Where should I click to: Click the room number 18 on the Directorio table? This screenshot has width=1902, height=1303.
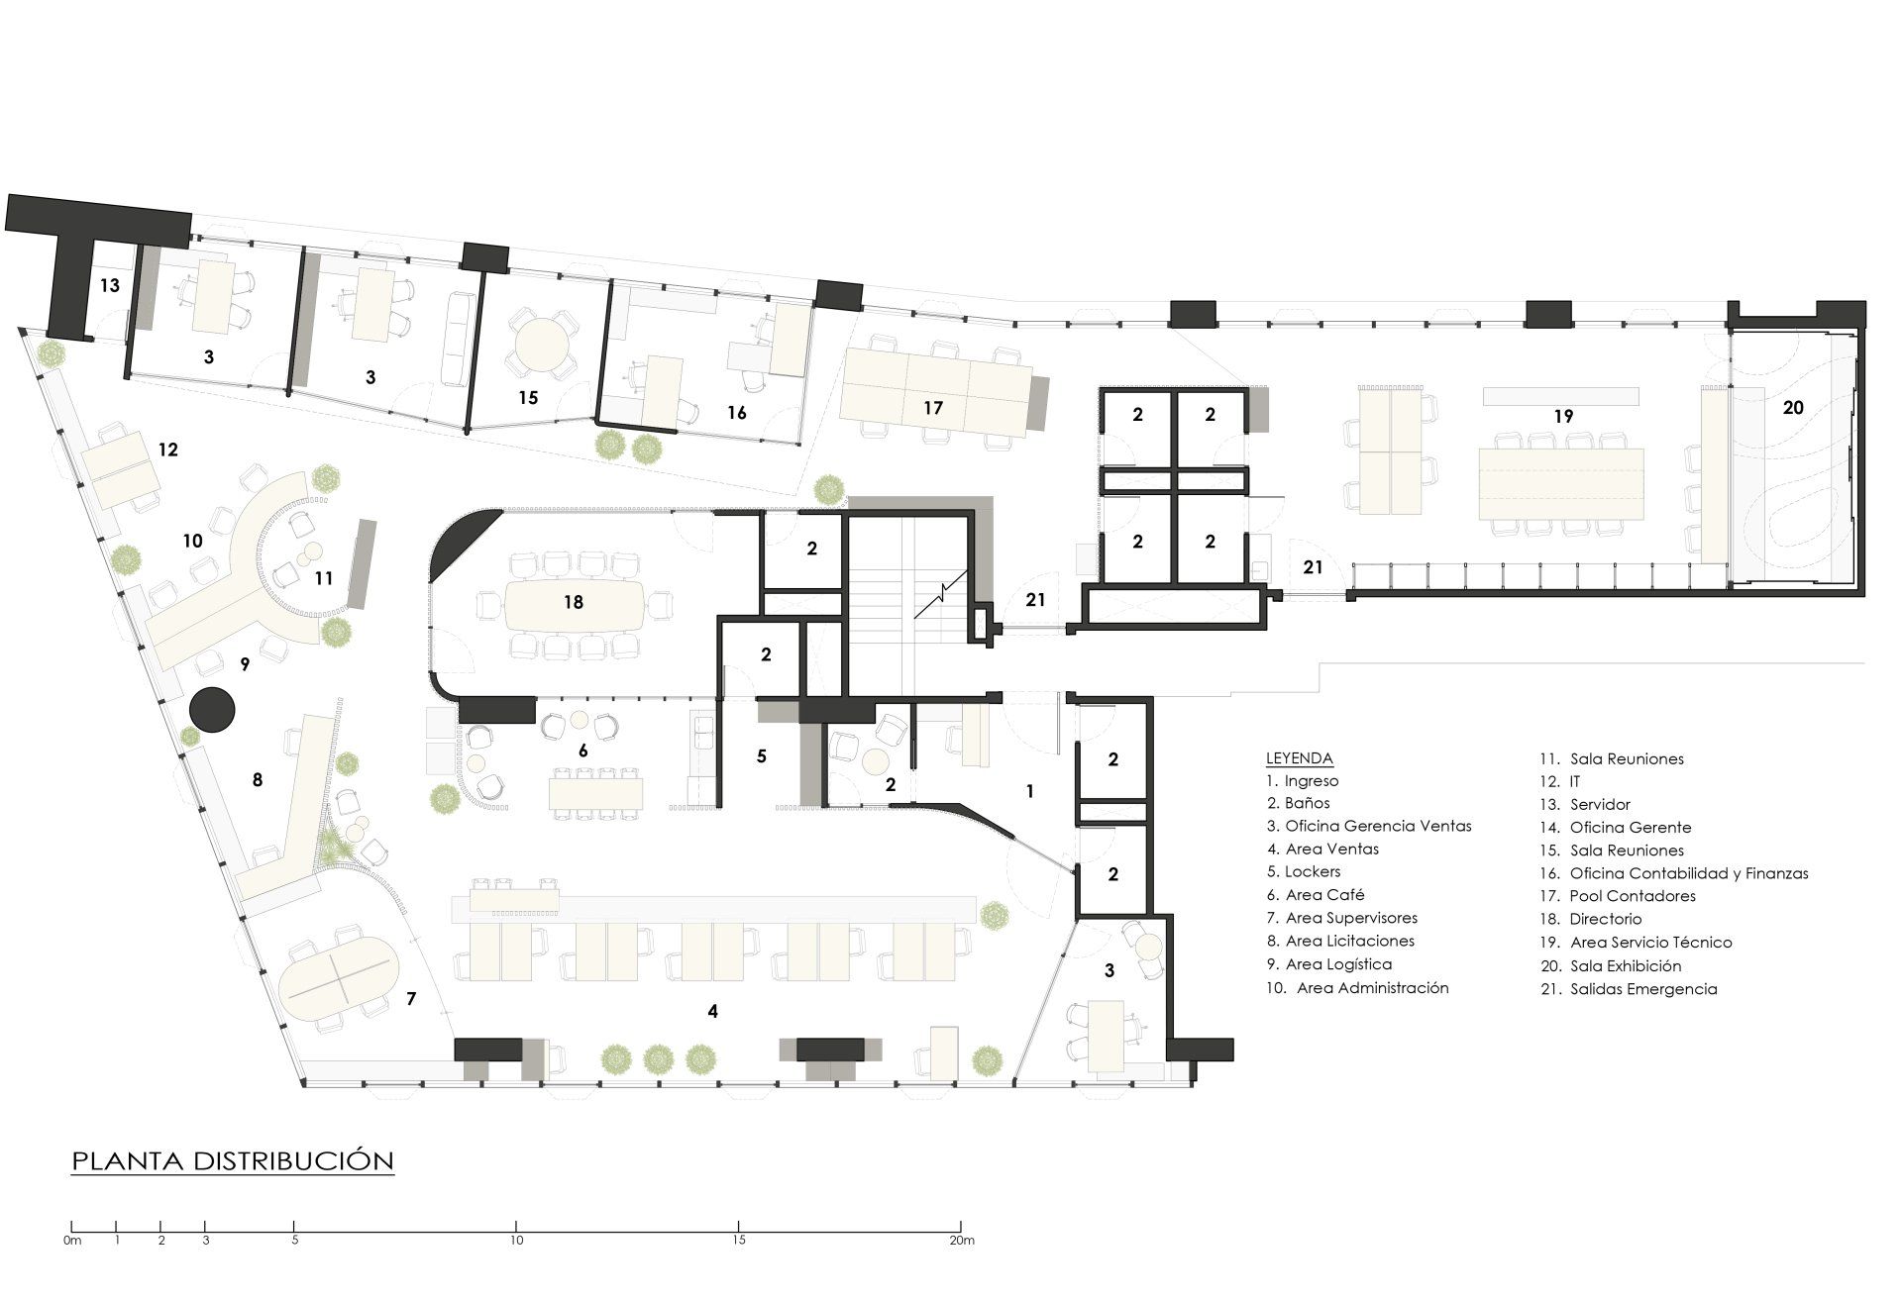tap(574, 602)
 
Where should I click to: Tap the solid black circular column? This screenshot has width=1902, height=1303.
tap(212, 711)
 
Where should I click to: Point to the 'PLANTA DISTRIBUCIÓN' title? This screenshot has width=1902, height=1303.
tap(233, 1160)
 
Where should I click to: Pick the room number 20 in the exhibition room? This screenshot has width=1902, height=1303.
tap(1793, 407)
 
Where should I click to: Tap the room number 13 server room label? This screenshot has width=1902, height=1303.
tap(109, 285)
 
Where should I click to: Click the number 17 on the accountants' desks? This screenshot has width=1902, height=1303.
tap(933, 408)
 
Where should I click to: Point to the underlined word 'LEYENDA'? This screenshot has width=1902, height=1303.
tap(1300, 758)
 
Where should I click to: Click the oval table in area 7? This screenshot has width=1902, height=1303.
tap(337, 972)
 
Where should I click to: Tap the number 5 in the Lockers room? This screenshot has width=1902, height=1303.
tap(761, 756)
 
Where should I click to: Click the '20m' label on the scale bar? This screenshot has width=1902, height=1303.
tap(962, 1241)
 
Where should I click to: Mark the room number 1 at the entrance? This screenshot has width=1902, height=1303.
tap(1030, 791)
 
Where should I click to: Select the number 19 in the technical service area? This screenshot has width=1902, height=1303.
tap(1563, 417)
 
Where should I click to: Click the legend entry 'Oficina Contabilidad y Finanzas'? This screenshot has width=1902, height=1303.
tap(1674, 873)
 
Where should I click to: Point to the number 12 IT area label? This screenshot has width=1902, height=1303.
tap(167, 450)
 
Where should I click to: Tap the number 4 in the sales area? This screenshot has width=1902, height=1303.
tap(712, 1011)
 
